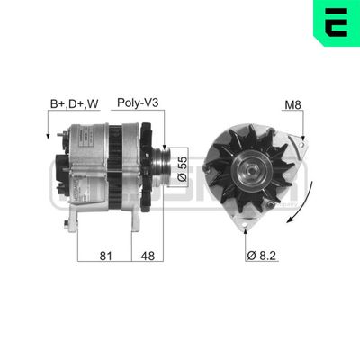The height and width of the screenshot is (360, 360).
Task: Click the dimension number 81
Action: tap(105, 256)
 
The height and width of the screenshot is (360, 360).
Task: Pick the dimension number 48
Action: tap(149, 256)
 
